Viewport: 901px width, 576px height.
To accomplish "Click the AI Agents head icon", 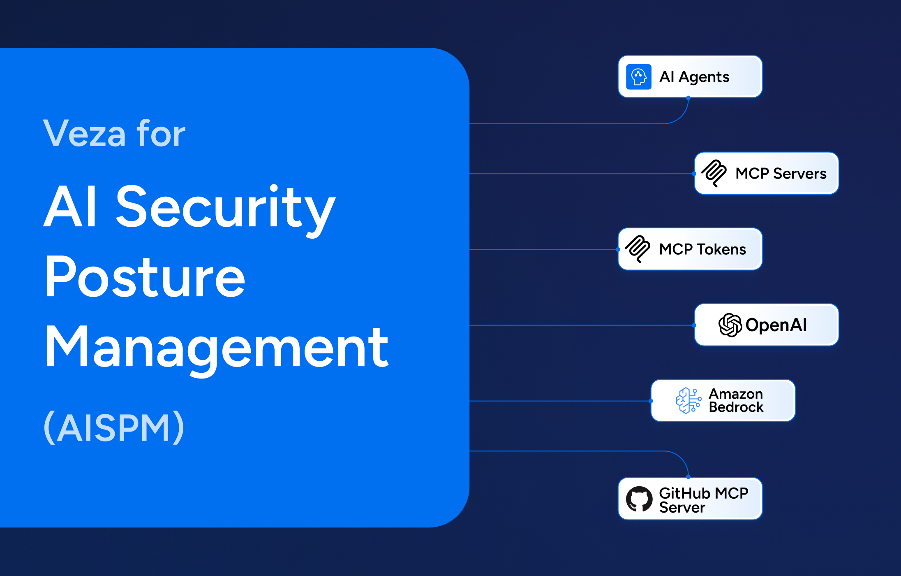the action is click(638, 77).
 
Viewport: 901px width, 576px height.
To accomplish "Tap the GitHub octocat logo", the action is click(639, 499).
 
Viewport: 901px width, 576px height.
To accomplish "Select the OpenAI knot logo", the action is click(730, 325).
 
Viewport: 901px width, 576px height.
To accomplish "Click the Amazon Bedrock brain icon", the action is click(688, 400).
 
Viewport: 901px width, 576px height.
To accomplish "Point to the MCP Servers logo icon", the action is click(714, 173).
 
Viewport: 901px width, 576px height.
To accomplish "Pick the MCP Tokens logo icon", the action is click(638, 249).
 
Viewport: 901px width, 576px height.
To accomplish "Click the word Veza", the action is click(85, 133).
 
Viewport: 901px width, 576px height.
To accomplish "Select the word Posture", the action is click(145, 276).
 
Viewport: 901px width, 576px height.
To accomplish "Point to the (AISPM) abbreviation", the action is click(114, 427).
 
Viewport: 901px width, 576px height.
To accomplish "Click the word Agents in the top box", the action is click(704, 77).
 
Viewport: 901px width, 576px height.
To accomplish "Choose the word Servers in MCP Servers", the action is click(799, 174).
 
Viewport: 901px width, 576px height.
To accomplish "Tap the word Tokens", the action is click(721, 249).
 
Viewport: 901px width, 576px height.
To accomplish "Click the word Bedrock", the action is click(736, 407).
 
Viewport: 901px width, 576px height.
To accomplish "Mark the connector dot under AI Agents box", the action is click(688, 98).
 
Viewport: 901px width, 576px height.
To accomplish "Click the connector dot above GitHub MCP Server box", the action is click(688, 477).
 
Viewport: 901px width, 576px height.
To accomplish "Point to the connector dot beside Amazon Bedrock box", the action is click(651, 401).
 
